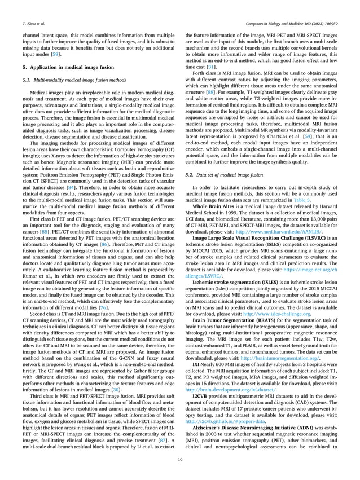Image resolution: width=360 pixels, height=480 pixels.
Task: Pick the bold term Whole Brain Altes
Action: tap(212, 206)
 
